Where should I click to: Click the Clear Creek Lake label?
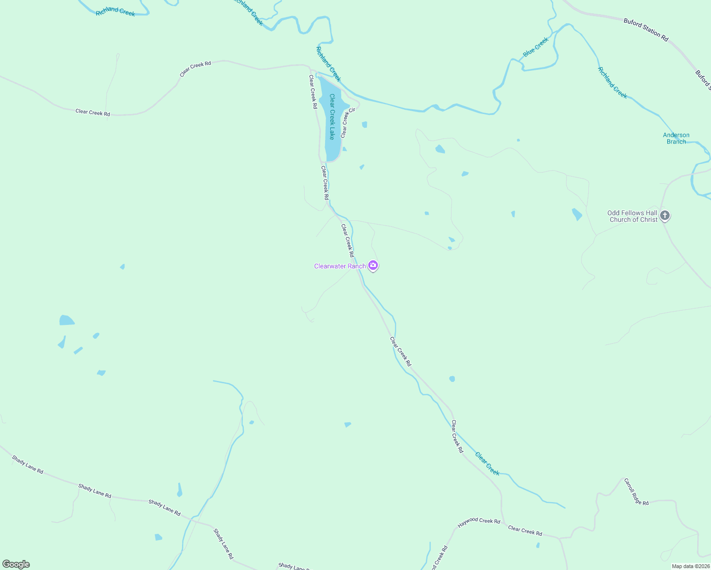(x=332, y=116)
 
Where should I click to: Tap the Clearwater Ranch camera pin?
(x=374, y=266)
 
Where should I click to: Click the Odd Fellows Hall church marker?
(x=665, y=216)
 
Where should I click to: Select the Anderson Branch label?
(x=676, y=138)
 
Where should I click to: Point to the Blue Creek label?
(x=536, y=47)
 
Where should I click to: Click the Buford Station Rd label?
(x=646, y=29)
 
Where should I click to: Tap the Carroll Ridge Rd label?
(x=636, y=492)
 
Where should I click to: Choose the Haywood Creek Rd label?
(x=479, y=522)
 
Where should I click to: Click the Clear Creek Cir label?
(x=347, y=123)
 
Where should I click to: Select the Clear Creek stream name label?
(x=487, y=464)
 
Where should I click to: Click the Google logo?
(x=16, y=564)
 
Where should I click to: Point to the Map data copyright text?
(x=690, y=566)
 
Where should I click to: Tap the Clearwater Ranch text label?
(x=340, y=266)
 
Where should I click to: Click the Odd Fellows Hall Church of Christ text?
(x=633, y=216)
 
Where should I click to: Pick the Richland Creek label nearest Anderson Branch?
(x=612, y=83)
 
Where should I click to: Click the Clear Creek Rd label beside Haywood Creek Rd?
(x=525, y=531)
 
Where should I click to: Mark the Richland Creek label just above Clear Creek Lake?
(x=328, y=64)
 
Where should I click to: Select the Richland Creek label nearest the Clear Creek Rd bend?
(x=115, y=12)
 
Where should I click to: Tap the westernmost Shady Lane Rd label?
(x=28, y=465)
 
